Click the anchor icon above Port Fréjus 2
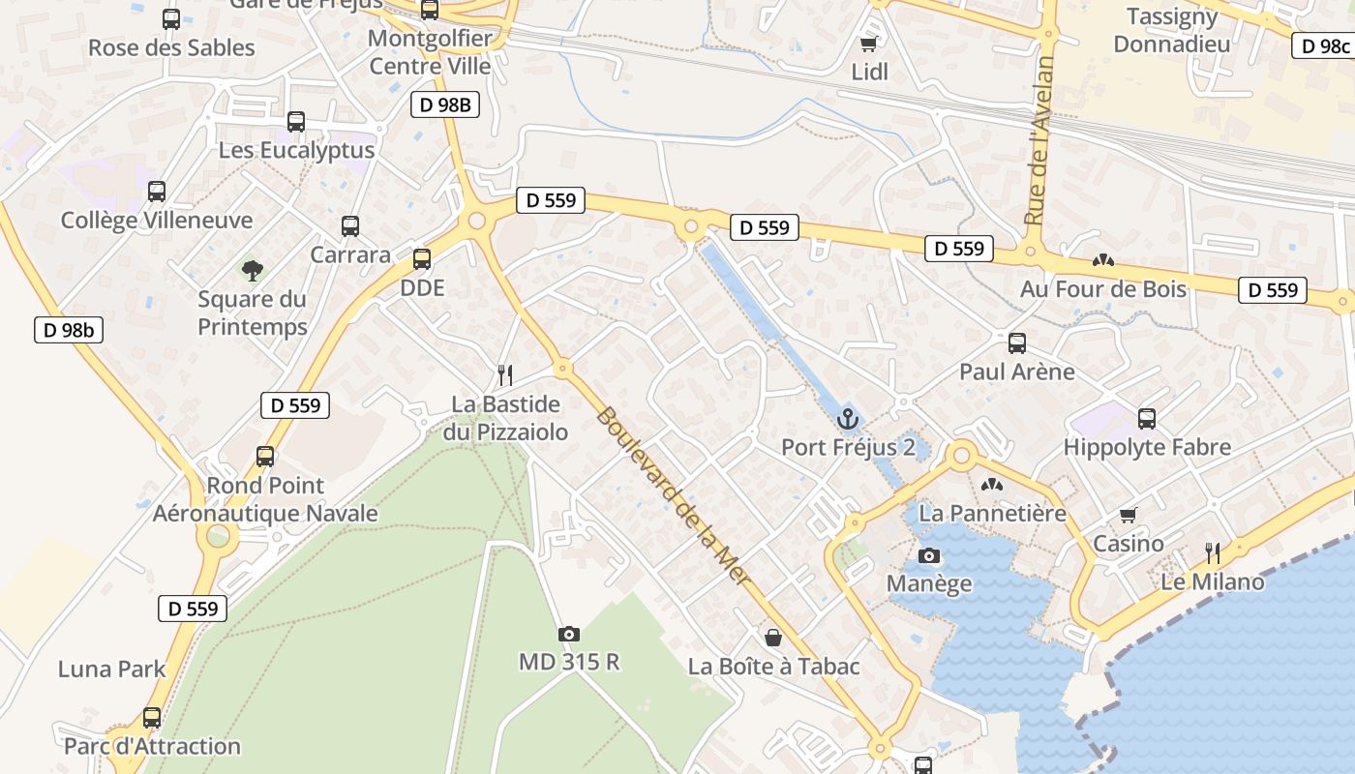[848, 419]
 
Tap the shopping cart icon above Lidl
[868, 45]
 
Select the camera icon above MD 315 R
[569, 635]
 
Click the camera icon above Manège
[929, 555]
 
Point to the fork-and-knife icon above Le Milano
[1213, 552]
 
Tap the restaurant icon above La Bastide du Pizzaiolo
[504, 374]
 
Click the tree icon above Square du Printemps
[253, 270]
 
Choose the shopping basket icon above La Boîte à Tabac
[773, 638]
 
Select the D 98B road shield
[445, 104]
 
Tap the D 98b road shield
[68, 330]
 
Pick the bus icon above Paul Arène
[1017, 342]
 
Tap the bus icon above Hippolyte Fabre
[1147, 419]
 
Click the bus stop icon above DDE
[422, 259]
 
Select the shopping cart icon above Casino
[1128, 515]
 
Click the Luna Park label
[112, 669]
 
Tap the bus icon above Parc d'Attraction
[152, 718]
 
